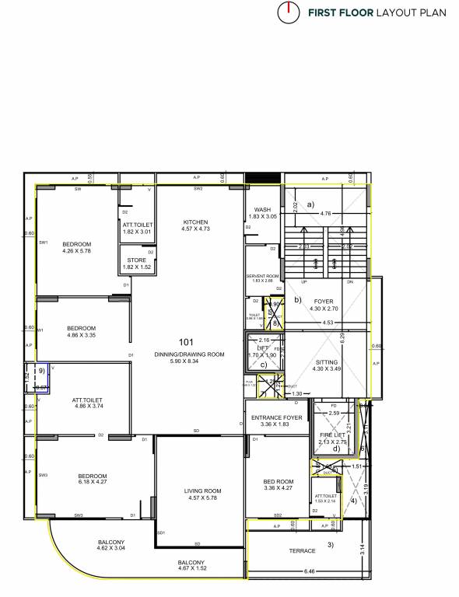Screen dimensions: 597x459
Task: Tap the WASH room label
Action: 262,209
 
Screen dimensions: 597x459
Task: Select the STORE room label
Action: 136,260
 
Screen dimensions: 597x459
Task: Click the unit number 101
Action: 186,342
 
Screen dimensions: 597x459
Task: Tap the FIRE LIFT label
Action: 332,435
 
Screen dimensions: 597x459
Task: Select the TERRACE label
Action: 303,550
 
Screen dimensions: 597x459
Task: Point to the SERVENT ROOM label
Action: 262,276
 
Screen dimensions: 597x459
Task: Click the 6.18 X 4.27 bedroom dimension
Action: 92,483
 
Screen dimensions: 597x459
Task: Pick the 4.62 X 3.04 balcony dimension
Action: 111,548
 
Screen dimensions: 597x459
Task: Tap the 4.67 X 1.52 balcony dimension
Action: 191,569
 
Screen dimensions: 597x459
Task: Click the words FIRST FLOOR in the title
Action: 341,13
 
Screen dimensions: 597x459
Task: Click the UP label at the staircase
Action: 304,281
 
